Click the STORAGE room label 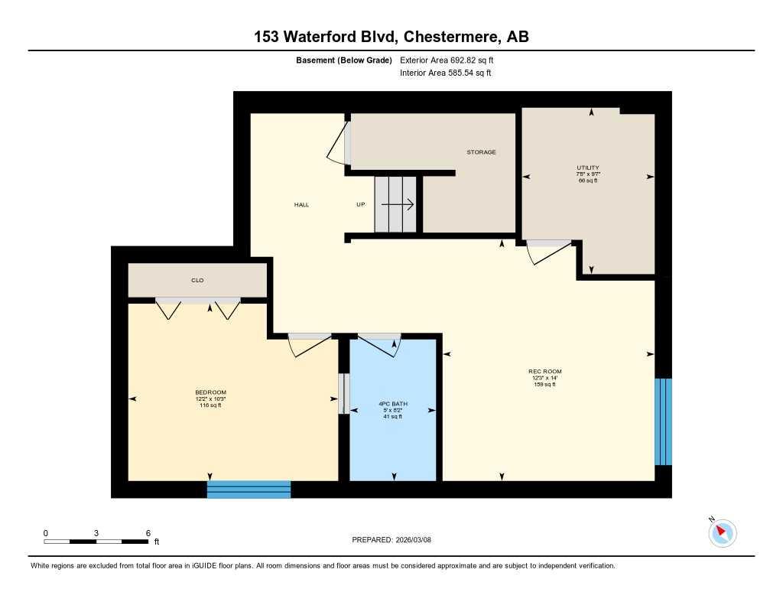click(481, 152)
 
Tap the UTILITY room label click(587, 168)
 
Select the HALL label click(301, 205)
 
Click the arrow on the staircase click(398, 204)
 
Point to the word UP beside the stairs click(361, 205)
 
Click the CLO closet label click(197, 281)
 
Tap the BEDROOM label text click(210, 392)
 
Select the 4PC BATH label click(392, 403)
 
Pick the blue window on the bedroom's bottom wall click(249, 489)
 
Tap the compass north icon click(722, 532)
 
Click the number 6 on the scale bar click(148, 532)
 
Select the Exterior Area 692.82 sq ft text click(452, 60)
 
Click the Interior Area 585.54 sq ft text click(445, 73)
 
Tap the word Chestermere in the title click(452, 37)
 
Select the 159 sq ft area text click(545, 385)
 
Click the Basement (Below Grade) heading click(344, 60)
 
